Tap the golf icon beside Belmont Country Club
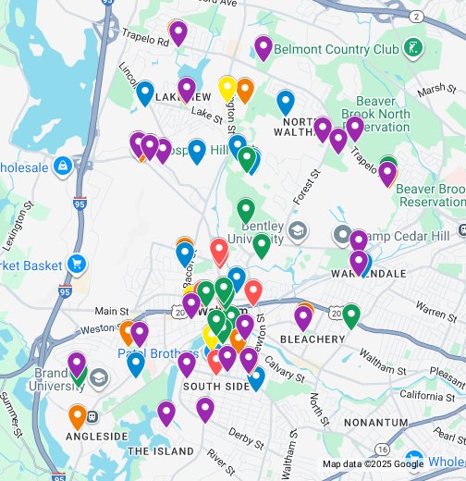pyautogui.click(x=413, y=46)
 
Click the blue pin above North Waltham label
pyautogui.click(x=286, y=102)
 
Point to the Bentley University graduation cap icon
pyautogui.click(x=297, y=229)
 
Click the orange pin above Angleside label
pyautogui.click(x=78, y=416)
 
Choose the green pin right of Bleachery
pyautogui.click(x=350, y=315)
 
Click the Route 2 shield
pyautogui.click(x=416, y=17)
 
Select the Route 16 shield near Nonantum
pyautogui.click(x=382, y=423)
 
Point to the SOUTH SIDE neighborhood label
pyautogui.click(x=216, y=386)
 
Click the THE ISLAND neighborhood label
pyautogui.click(x=161, y=451)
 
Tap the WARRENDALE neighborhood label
pyautogui.click(x=370, y=275)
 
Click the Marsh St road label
pyautogui.click(x=431, y=91)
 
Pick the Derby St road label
pyautogui.click(x=247, y=435)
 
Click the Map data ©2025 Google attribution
pyautogui.click(x=372, y=464)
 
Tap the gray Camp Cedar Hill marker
pyautogui.click(x=343, y=236)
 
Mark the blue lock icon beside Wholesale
pyautogui.click(x=63, y=166)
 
